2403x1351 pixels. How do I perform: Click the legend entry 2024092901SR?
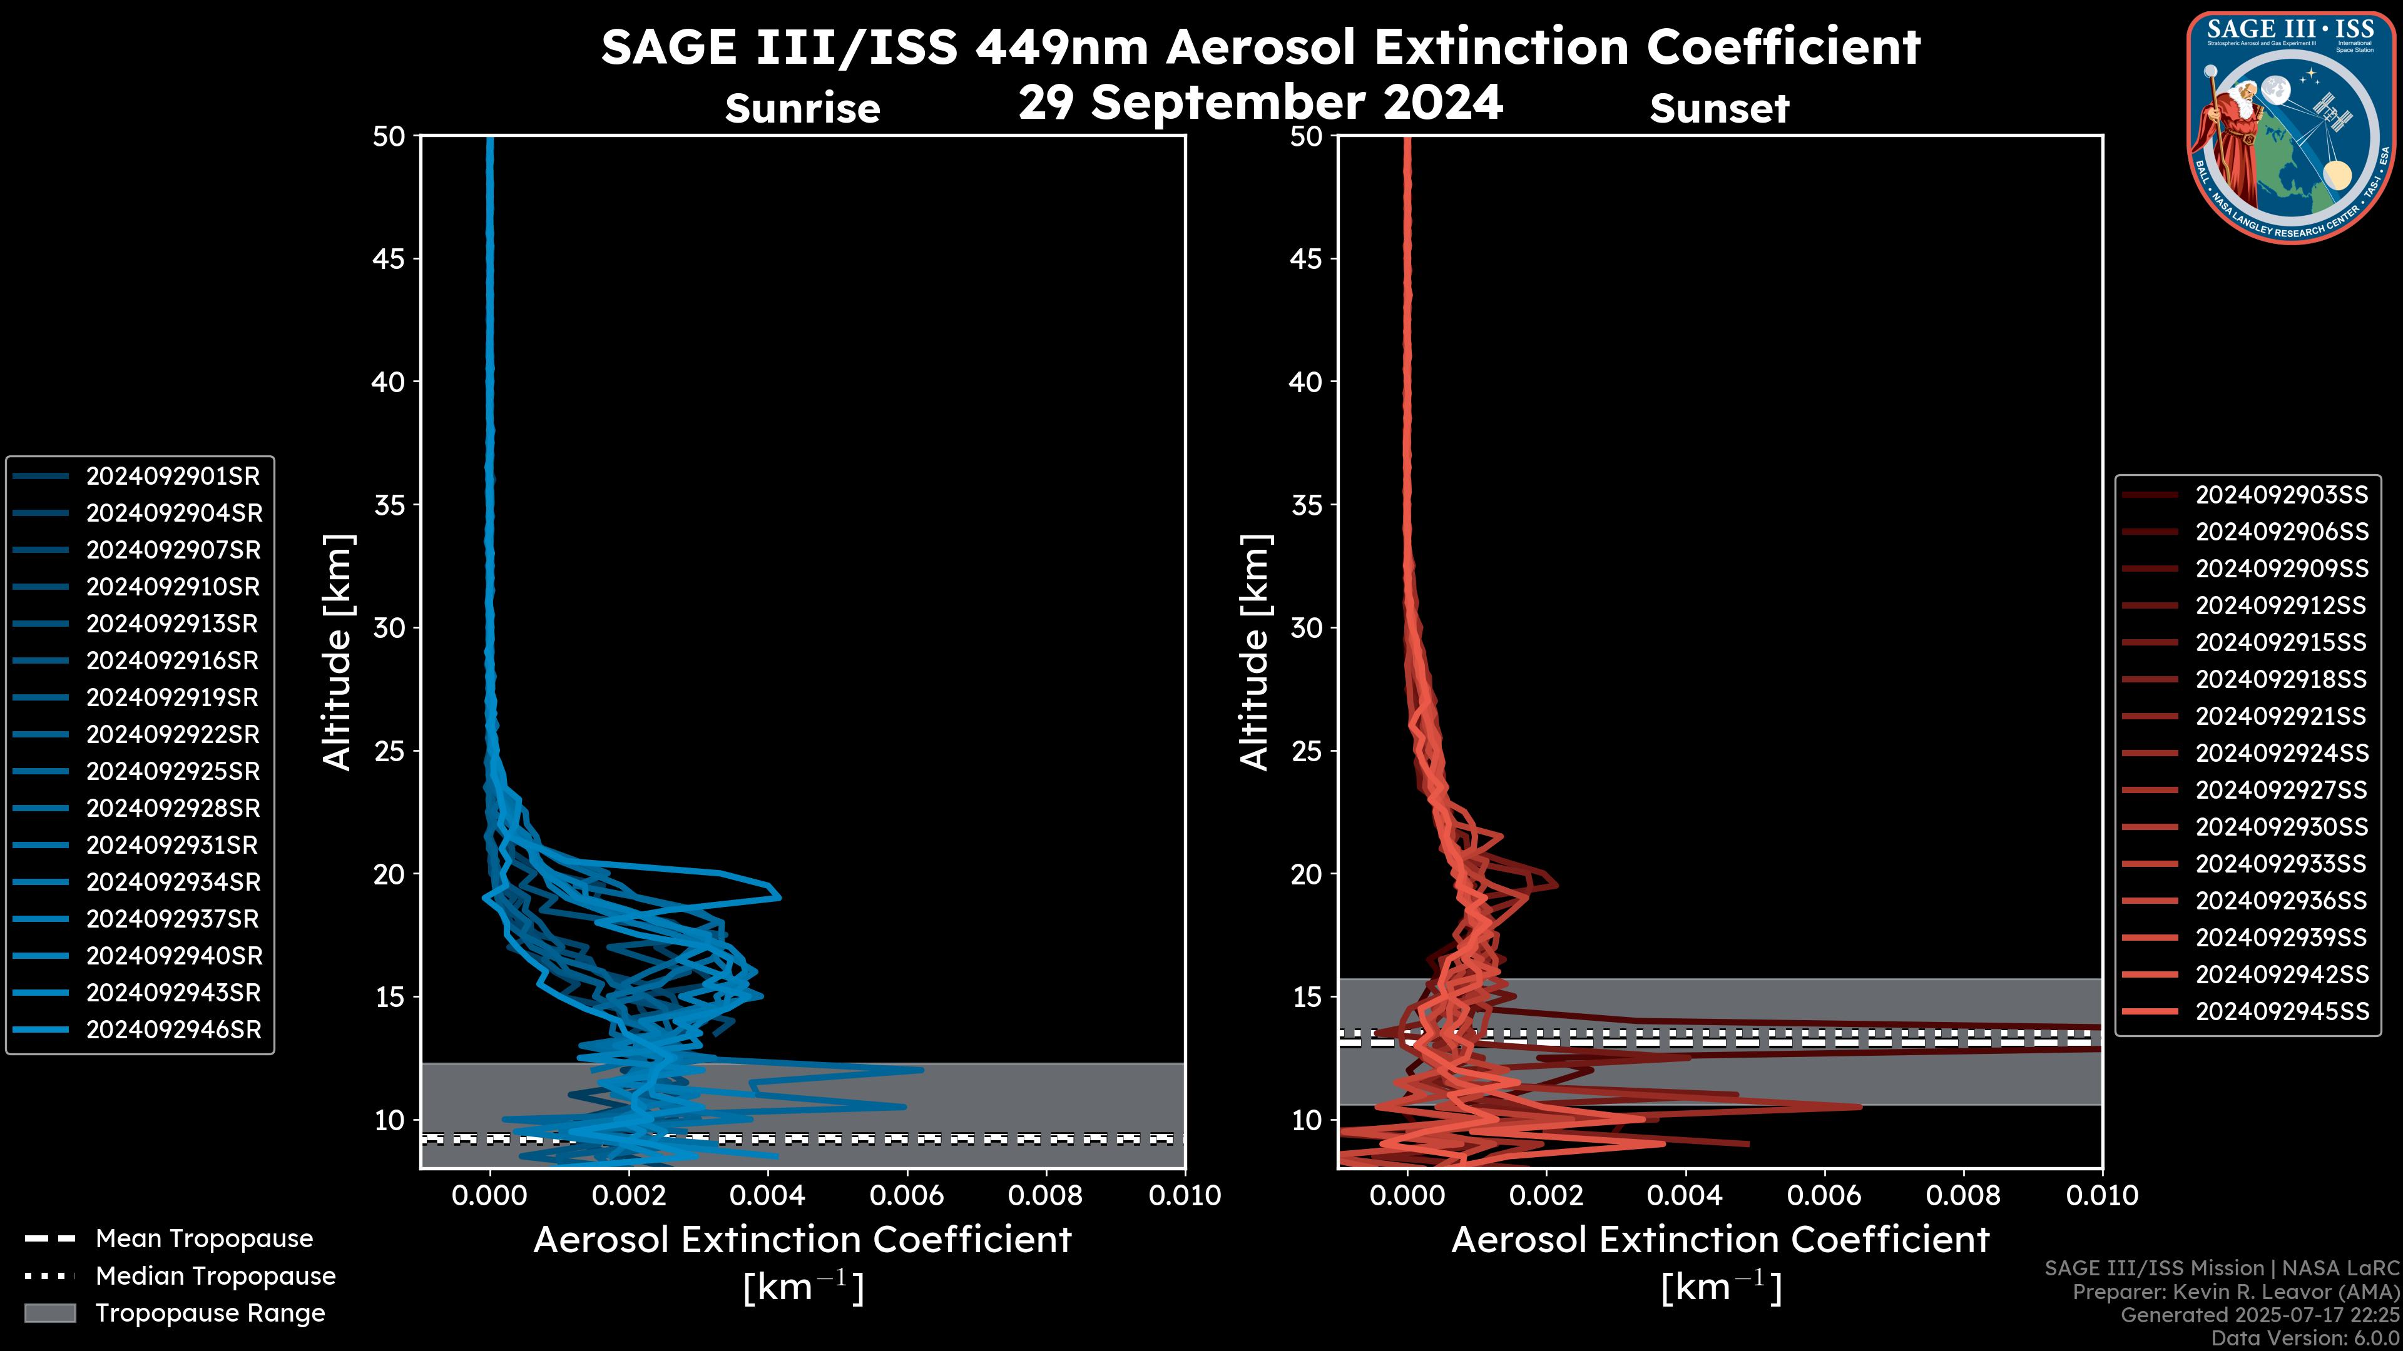tap(173, 477)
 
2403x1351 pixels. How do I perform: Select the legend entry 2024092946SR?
tap(173, 1030)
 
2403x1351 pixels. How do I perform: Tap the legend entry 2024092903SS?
tap(2281, 495)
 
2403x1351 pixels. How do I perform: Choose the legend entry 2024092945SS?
tap(2281, 1011)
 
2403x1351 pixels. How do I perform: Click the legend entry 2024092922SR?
tap(173, 735)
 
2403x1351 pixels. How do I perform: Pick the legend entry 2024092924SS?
tap(2281, 753)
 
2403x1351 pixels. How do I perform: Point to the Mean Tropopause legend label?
tap(203, 1239)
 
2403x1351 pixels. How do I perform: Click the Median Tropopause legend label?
tap(215, 1277)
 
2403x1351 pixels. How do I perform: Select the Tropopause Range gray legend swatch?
tap(49, 1313)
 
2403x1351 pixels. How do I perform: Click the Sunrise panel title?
tap(802, 109)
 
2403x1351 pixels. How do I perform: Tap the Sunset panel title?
tap(1719, 109)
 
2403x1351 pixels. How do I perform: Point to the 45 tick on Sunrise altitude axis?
tap(389, 259)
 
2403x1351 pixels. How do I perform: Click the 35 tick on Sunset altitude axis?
tap(1306, 505)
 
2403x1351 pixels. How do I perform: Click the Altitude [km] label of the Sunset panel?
tap(1255, 652)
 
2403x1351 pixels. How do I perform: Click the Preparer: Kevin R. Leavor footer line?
tap(2235, 1292)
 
